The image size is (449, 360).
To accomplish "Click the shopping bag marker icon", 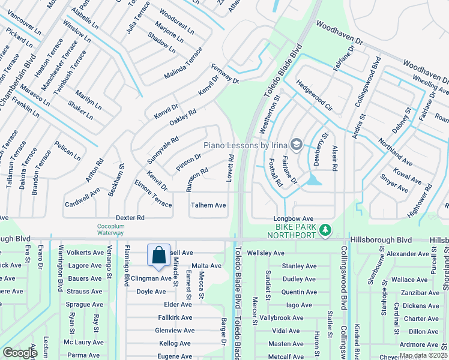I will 158,255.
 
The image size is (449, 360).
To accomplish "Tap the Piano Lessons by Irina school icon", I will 296,145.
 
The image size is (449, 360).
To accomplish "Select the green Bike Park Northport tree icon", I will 325,230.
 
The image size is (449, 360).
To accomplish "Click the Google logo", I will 20,353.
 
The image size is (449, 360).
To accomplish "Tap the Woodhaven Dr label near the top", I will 340,34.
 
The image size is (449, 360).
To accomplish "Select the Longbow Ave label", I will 294,218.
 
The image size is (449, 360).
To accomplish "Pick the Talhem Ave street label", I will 208,205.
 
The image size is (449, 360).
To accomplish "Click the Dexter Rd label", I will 131,217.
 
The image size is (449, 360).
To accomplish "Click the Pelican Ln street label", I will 67,151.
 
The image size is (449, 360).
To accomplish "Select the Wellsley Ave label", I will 265,253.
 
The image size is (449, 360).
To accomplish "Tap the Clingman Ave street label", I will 154,278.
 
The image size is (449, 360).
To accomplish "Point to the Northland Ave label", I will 394,152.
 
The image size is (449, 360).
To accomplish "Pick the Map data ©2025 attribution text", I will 424,355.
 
